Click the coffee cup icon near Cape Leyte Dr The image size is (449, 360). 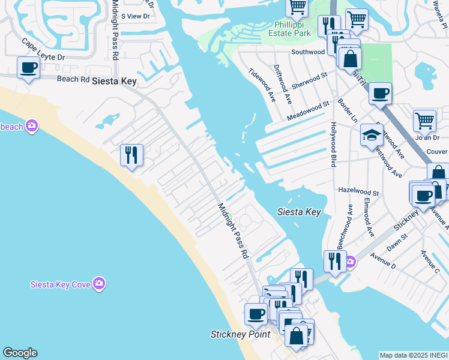(28, 68)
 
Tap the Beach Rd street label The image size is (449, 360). (73, 79)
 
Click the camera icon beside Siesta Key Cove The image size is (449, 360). (99, 283)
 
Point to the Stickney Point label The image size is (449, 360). (240, 334)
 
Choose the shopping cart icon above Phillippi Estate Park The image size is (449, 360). (297, 7)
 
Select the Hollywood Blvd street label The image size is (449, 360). (332, 145)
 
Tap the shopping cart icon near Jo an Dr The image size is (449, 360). (424, 121)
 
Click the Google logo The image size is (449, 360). (20, 353)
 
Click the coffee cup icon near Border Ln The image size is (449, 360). (380, 94)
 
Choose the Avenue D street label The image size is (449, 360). (383, 260)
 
